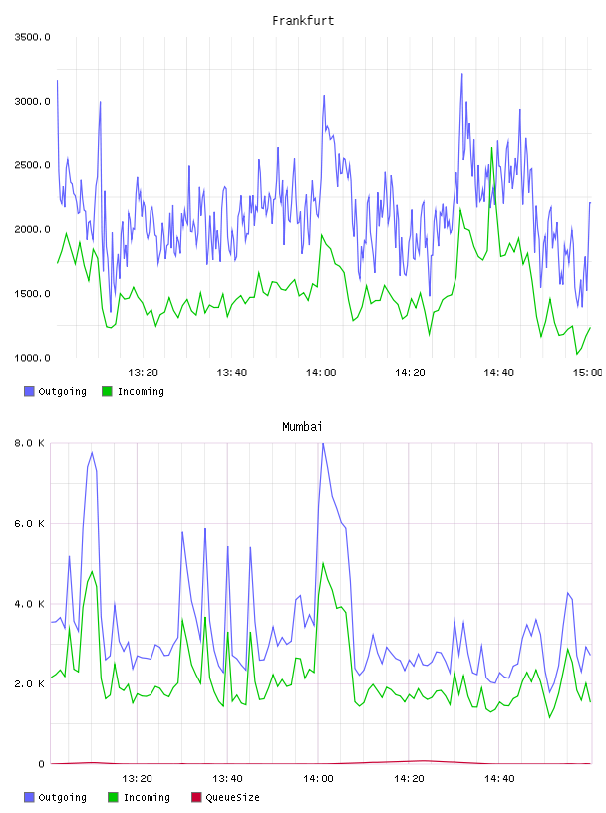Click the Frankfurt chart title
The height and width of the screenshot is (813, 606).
(303, 21)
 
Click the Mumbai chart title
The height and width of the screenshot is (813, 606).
(302, 427)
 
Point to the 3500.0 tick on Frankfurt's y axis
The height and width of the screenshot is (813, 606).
(32, 37)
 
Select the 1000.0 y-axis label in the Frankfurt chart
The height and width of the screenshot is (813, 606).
(32, 358)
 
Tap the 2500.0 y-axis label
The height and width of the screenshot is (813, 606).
(32, 165)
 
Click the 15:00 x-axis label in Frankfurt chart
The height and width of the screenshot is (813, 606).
(587, 373)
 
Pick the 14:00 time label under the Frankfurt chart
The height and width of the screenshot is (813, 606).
(321, 373)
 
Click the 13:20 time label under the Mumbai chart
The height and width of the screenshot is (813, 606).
(137, 779)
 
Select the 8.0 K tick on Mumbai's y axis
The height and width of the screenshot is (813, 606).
(30, 443)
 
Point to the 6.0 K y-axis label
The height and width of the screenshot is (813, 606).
(30, 524)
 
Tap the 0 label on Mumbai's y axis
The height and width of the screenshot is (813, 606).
(41, 764)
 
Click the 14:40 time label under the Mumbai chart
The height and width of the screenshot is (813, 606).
(499, 779)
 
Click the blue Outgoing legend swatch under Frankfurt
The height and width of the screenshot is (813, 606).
(29, 391)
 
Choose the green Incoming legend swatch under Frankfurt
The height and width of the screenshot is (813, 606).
(107, 391)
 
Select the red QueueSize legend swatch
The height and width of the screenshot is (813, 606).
(196, 797)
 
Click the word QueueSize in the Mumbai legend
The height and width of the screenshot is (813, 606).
(232, 797)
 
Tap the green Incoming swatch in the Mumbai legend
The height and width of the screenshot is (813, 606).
(113, 797)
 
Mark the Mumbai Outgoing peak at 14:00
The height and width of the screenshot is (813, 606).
(323, 443)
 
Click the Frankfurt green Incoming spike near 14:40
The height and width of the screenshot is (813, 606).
(491, 148)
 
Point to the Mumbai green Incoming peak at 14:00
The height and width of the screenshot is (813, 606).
(323, 563)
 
